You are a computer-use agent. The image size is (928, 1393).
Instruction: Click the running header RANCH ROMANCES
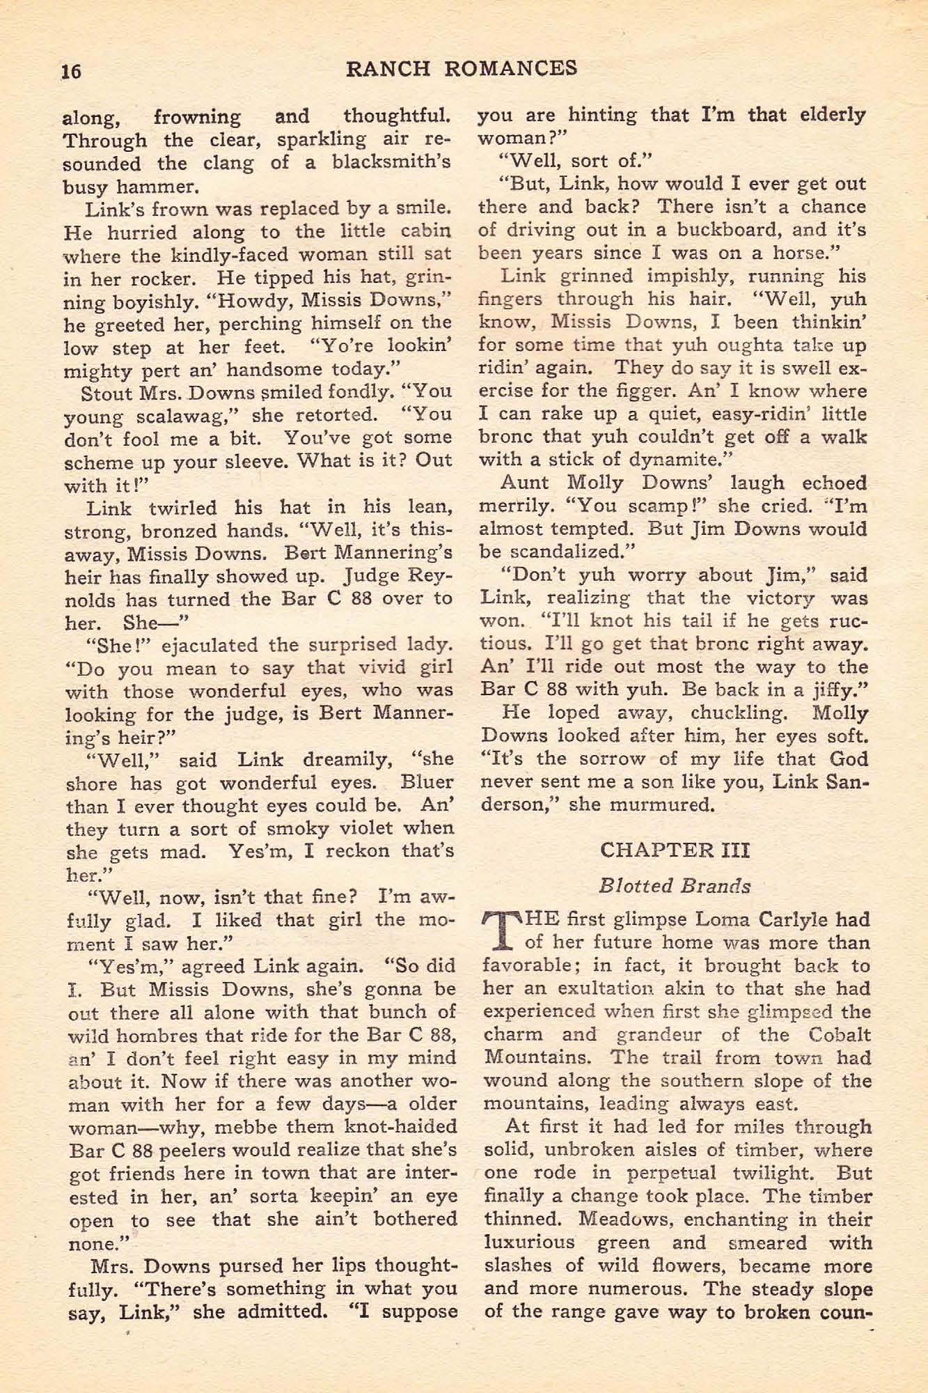click(462, 68)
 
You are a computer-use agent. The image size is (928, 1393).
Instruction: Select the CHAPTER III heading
click(675, 850)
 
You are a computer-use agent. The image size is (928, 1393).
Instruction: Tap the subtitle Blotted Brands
click(675, 886)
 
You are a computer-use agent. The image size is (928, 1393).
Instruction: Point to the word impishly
click(685, 277)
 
